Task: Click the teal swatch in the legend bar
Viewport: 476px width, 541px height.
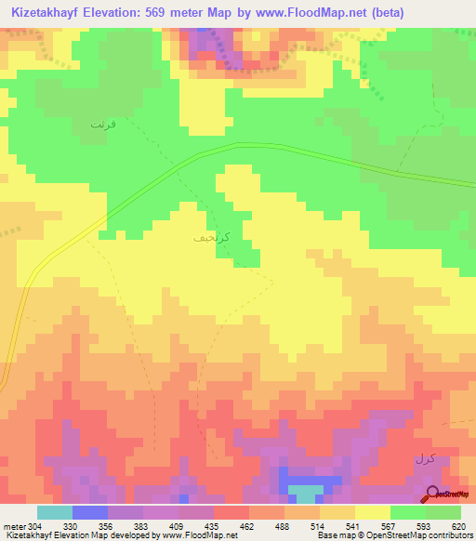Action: [54, 512]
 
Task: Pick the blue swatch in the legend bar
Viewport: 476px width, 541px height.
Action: [89, 512]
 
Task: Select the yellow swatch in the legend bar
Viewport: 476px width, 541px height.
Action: [372, 512]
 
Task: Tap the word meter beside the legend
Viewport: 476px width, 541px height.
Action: [13, 525]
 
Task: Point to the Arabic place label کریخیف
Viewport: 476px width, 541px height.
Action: [208, 238]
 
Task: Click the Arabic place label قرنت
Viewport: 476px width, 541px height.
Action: [103, 123]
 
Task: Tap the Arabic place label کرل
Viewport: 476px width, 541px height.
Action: [424, 460]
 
